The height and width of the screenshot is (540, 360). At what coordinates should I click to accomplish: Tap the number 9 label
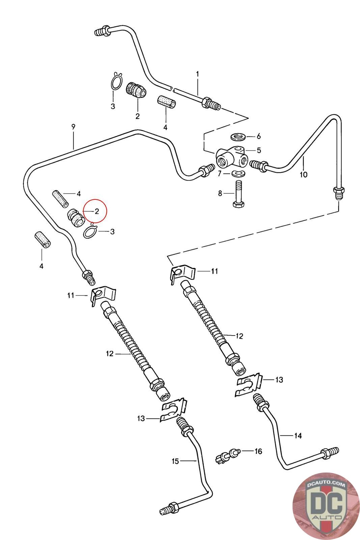click(x=73, y=127)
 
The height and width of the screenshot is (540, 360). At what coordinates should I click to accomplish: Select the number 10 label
click(x=303, y=174)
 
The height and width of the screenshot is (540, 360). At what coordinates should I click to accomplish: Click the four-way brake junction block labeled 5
click(x=231, y=158)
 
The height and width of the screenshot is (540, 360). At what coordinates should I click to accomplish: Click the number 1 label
click(x=198, y=74)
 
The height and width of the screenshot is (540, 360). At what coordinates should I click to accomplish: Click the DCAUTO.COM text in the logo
click(x=326, y=484)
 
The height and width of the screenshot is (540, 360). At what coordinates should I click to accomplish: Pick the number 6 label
click(x=258, y=136)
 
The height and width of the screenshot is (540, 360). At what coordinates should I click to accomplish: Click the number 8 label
click(x=220, y=193)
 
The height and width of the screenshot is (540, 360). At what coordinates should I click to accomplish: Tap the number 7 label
click(x=219, y=173)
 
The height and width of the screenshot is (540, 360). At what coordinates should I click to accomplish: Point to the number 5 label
click(x=259, y=150)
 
